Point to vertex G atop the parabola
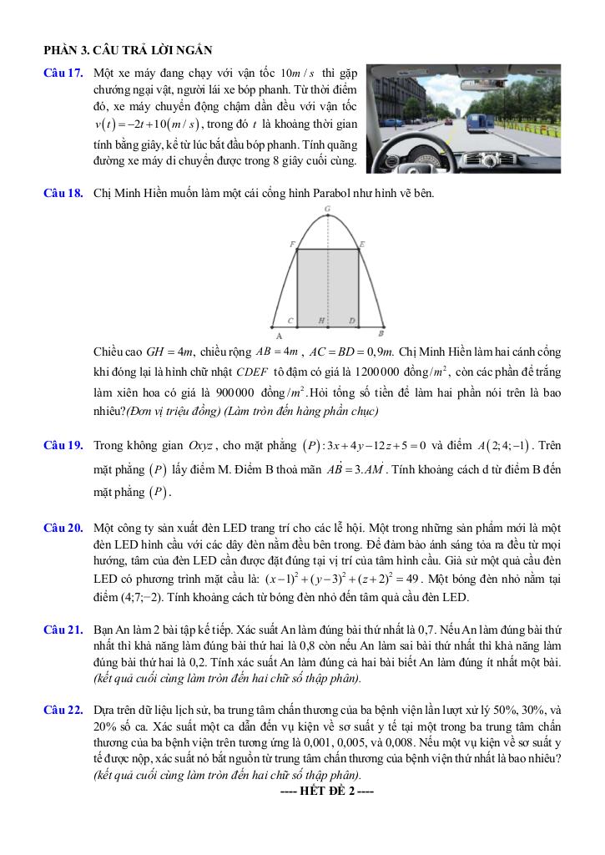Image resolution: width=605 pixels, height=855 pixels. [x=326, y=209]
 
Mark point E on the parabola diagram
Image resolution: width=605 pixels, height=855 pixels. [x=361, y=245]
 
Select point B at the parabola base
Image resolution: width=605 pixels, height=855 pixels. [x=381, y=332]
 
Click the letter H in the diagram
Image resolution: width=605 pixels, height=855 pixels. [x=321, y=321]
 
